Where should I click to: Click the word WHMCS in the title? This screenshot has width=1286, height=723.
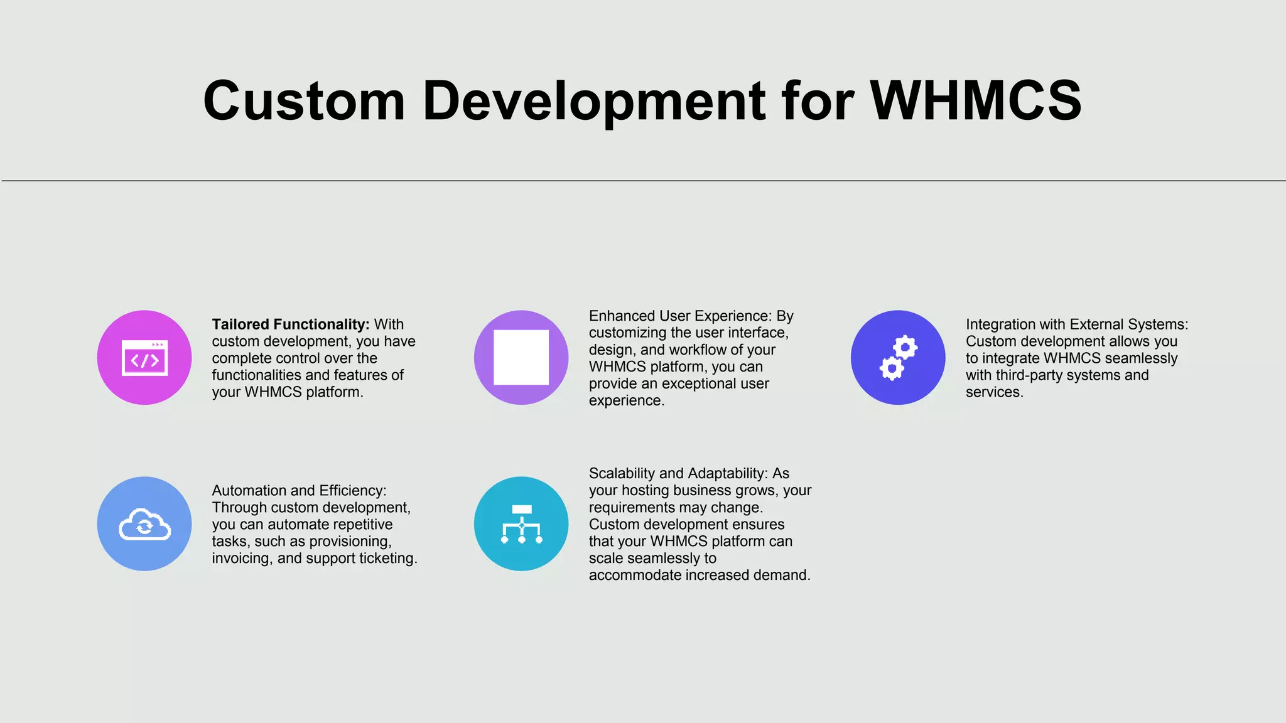pyautogui.click(x=975, y=101)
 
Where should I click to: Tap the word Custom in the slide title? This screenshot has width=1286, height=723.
pyautogui.click(x=304, y=101)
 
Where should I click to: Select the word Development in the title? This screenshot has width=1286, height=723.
pyautogui.click(x=593, y=101)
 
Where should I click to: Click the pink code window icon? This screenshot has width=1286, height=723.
pyautogui.click(x=144, y=358)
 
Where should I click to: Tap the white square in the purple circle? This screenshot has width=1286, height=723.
pyautogui.click(x=521, y=357)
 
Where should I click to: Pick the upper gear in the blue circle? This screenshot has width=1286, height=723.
pyautogui.click(x=905, y=347)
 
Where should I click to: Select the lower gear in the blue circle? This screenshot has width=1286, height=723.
pyautogui.click(x=892, y=368)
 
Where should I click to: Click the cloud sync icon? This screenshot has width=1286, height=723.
pyautogui.click(x=144, y=525)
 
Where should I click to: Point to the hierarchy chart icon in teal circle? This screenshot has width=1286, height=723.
pyautogui.click(x=521, y=524)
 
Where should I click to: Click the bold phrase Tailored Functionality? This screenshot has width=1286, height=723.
pyautogui.click(x=290, y=324)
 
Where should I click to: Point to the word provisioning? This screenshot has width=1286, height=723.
pyautogui.click(x=354, y=542)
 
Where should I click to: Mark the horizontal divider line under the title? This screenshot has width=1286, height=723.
pyautogui.click(x=643, y=181)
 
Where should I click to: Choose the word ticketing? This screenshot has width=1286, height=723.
pyautogui.click(x=388, y=559)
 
